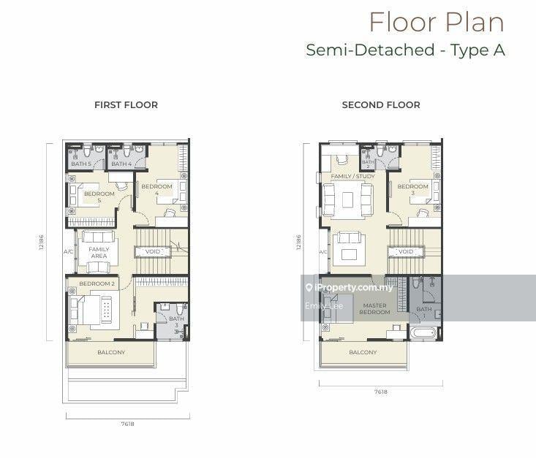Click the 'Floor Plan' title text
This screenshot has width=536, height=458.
click(x=436, y=22)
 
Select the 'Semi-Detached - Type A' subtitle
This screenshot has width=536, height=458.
click(x=405, y=50)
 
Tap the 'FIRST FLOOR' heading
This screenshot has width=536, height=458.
click(x=126, y=105)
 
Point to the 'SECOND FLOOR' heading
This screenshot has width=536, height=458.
click(x=380, y=105)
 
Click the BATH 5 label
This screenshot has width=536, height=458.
click(x=80, y=164)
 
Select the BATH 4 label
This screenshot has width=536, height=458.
click(x=121, y=164)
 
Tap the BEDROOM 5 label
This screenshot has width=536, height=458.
click(x=99, y=196)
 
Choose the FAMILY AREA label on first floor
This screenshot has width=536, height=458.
click(x=99, y=253)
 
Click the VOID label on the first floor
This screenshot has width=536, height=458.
click(x=153, y=251)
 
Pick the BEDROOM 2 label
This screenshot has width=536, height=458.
click(x=97, y=283)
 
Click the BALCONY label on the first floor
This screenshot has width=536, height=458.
click(x=111, y=353)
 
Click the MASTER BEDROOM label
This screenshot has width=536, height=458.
click(x=374, y=309)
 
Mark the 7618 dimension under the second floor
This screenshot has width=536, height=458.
click(x=380, y=392)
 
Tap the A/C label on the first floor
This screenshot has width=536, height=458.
click(x=69, y=252)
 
